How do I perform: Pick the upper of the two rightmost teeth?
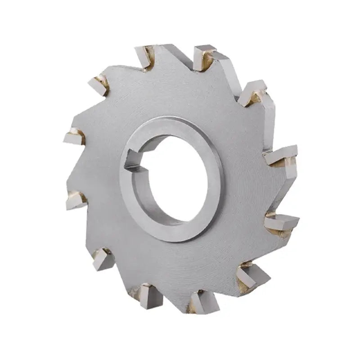click(x=281, y=155)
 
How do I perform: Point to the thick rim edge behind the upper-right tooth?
click(x=270, y=117)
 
